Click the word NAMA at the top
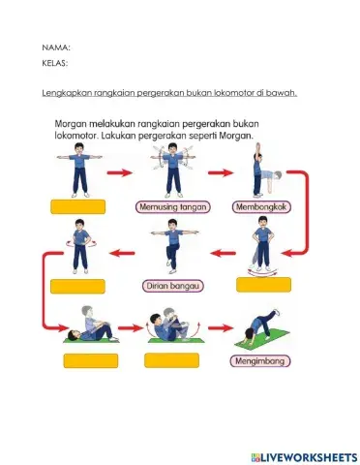(x=55, y=46)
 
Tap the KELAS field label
(x=55, y=64)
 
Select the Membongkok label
(x=256, y=206)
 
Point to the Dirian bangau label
(x=172, y=285)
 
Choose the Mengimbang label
(x=255, y=361)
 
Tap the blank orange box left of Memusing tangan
(x=78, y=206)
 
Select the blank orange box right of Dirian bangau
(x=263, y=285)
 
